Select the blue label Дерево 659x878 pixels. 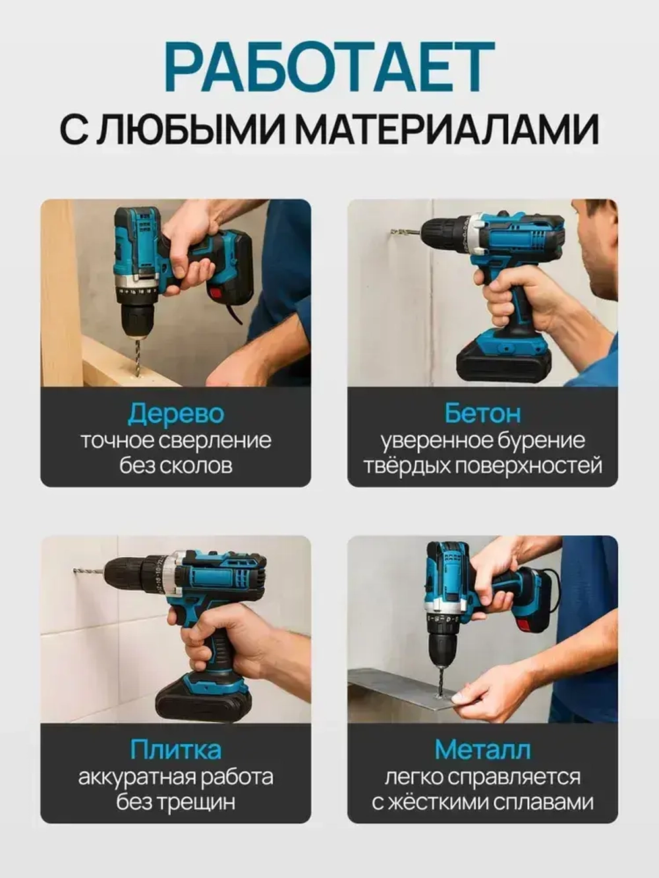tap(175, 414)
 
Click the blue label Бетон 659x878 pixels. tap(482, 413)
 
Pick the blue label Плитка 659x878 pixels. tap(175, 750)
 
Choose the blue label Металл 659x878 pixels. tap(482, 750)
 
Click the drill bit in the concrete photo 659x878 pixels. tap(398, 232)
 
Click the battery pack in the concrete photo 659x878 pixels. tap(504, 363)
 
